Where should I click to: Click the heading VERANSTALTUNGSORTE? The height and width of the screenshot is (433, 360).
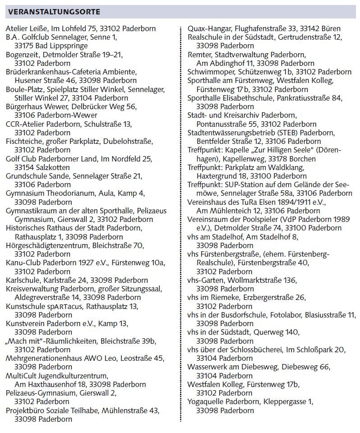[55, 12]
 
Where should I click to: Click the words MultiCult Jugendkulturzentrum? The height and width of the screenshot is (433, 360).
[57, 376]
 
